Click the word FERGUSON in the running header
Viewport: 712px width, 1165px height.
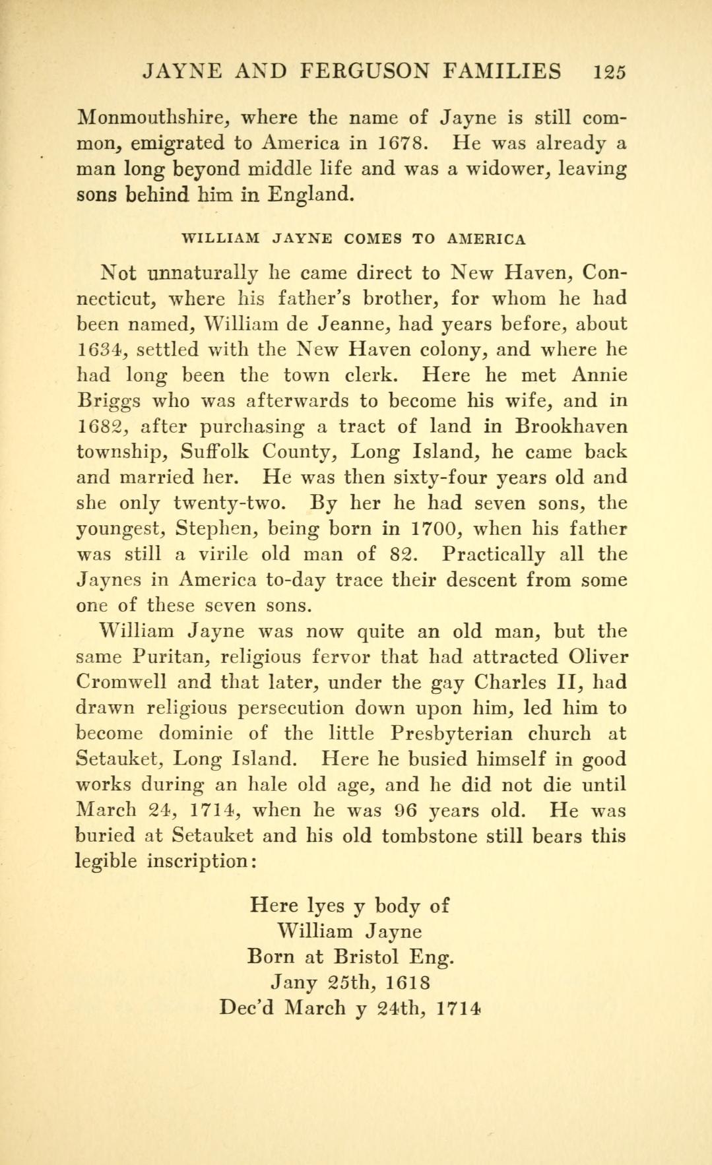[376, 71]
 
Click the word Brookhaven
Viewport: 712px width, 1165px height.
[571, 426]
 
